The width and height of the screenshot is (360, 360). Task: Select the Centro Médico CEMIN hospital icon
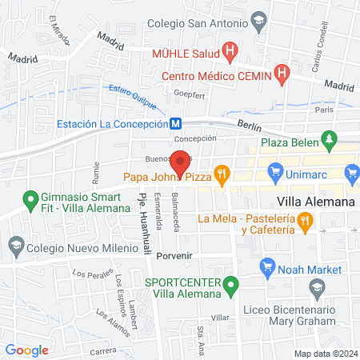tap(281, 76)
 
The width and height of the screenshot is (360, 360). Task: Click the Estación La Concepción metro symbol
tap(174, 123)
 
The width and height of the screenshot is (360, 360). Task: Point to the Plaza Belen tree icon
tap(329, 142)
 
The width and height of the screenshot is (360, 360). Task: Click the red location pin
tap(182, 162)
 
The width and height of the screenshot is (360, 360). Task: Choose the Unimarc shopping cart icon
tap(276, 171)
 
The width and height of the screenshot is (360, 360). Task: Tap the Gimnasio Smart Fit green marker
tap(30, 198)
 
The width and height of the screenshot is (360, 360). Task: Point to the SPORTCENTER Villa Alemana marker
tap(231, 283)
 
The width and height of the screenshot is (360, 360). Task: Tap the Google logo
tap(27, 350)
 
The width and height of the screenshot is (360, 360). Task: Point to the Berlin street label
tap(250, 125)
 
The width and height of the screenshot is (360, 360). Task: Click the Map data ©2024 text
tap(323, 354)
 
